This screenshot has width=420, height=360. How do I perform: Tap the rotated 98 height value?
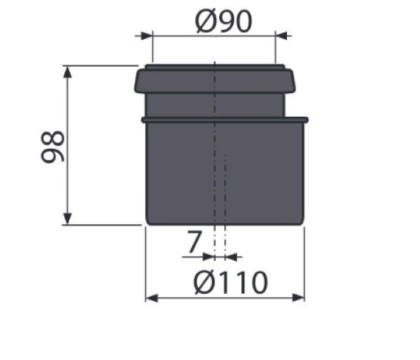click(53, 146)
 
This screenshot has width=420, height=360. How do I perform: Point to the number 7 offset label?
click(193, 243)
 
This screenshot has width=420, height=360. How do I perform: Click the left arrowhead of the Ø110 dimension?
click(150, 297)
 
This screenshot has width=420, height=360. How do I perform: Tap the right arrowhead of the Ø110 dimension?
click(300, 297)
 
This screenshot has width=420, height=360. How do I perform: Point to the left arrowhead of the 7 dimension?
click(208, 255)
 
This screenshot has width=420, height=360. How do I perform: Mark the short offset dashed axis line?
click(225, 199)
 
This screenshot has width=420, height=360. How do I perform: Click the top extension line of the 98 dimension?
click(100, 65)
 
